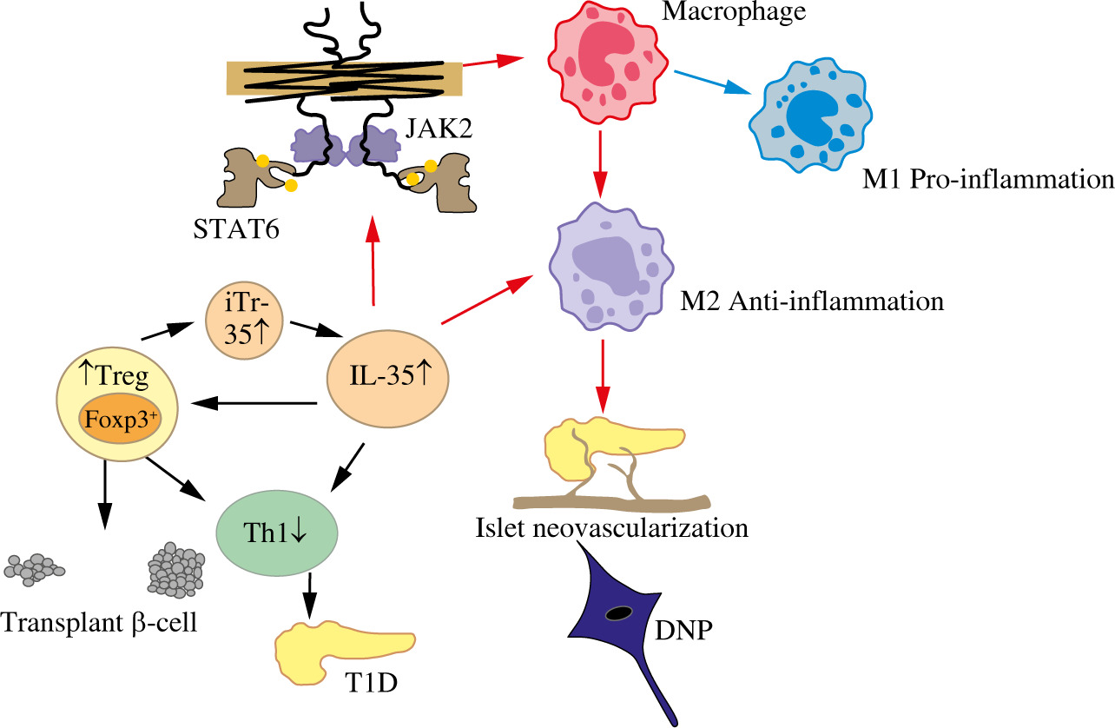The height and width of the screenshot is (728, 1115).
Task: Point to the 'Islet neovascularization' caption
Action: [x=612, y=528]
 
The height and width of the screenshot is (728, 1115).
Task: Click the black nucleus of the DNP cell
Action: [x=617, y=614]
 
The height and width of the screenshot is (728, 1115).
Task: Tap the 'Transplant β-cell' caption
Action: [x=98, y=623]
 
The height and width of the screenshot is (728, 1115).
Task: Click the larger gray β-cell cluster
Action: [x=176, y=570]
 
